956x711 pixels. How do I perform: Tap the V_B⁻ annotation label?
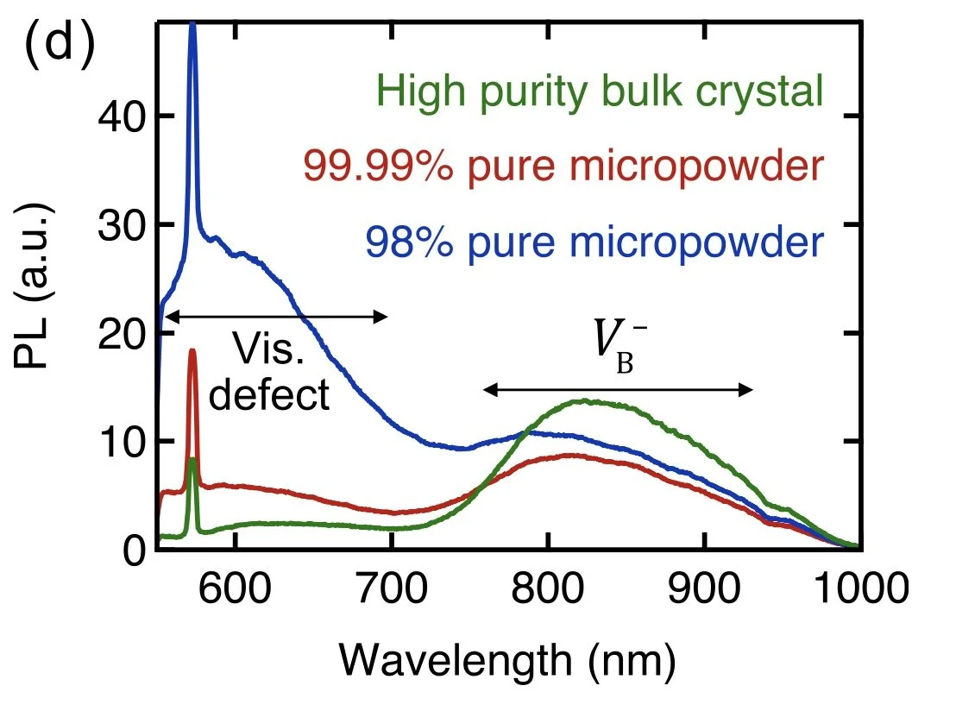coord(615,349)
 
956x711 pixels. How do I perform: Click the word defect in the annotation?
coord(270,395)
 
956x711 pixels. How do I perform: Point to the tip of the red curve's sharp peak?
coord(192,350)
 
